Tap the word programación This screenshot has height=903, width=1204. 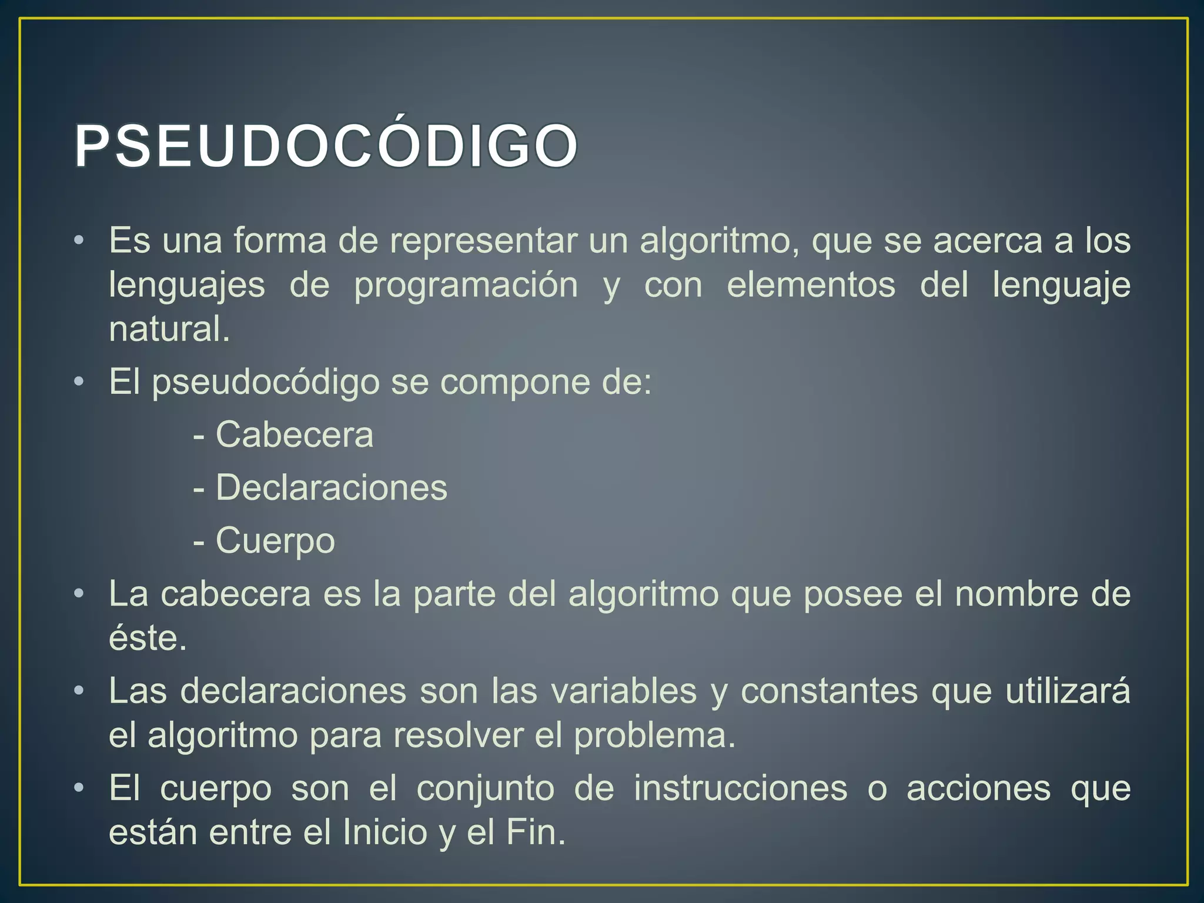click(466, 286)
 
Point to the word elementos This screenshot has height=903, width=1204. click(811, 286)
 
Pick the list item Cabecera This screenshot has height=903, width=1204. click(294, 436)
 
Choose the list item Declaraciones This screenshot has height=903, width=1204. click(331, 489)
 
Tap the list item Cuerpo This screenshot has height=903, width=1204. click(275, 541)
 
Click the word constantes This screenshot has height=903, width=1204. click(829, 691)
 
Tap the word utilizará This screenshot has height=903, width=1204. click(1068, 691)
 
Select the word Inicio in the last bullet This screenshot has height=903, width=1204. click(384, 833)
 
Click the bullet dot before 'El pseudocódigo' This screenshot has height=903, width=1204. click(79, 383)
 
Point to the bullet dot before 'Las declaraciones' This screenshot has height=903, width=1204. click(79, 691)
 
